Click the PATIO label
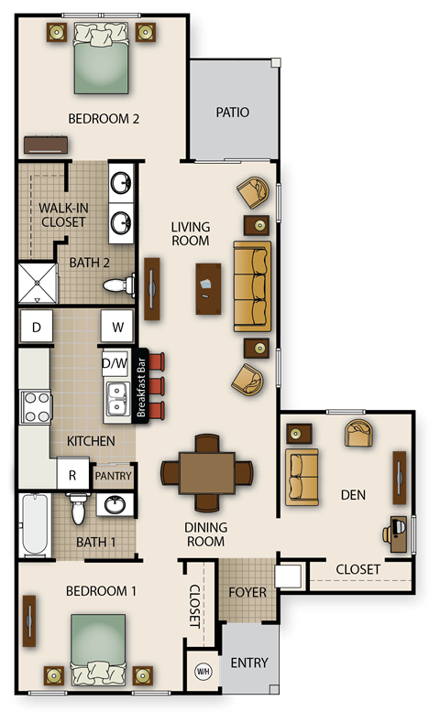click(233, 113)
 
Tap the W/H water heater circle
click(203, 671)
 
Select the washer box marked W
click(118, 327)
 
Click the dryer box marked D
click(36, 327)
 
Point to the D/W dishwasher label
click(115, 363)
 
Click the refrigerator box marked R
click(72, 475)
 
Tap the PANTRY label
click(114, 476)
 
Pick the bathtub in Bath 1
click(35, 525)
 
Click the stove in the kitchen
click(37, 407)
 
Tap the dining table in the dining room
click(207, 472)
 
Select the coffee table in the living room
click(208, 288)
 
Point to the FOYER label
click(247, 592)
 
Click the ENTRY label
click(248, 663)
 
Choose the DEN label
click(353, 495)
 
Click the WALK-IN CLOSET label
click(62, 214)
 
